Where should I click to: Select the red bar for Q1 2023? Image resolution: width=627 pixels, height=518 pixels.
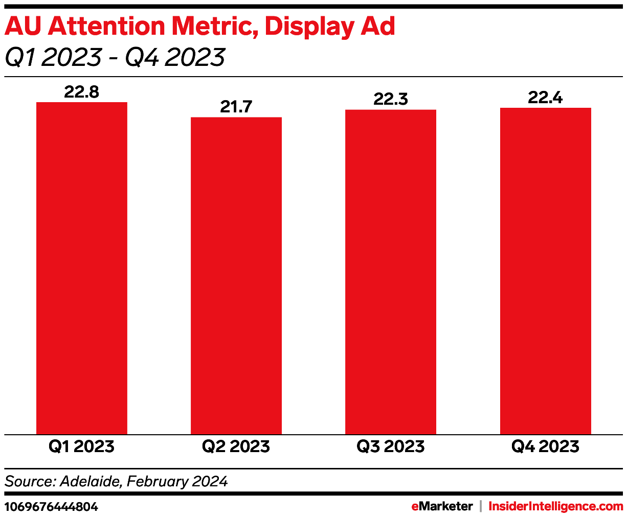tap(82, 268)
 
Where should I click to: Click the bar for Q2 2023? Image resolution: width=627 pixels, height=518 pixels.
tap(236, 276)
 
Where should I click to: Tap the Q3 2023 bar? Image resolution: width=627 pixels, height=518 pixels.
tap(391, 272)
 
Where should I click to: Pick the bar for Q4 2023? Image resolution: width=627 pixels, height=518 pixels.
tap(545, 271)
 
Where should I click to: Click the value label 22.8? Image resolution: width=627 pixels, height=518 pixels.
tap(82, 92)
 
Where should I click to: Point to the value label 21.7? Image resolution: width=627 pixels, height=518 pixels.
tap(236, 107)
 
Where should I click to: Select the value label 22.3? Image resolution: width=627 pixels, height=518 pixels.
tap(391, 99)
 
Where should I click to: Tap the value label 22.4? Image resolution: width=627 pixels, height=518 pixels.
tap(545, 97)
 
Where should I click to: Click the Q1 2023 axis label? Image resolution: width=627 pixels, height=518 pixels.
tap(82, 446)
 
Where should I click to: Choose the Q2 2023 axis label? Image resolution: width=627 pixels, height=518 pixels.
tap(236, 446)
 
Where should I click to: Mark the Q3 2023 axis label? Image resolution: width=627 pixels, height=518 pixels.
tap(391, 446)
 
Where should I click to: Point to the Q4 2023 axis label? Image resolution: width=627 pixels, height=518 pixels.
tap(545, 446)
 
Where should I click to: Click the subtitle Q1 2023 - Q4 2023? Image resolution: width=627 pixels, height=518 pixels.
tap(115, 57)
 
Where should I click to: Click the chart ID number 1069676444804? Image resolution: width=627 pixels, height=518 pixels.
tap(51, 507)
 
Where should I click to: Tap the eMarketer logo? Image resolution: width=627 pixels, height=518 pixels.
tap(442, 506)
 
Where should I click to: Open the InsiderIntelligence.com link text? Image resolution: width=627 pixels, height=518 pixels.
tap(556, 506)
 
